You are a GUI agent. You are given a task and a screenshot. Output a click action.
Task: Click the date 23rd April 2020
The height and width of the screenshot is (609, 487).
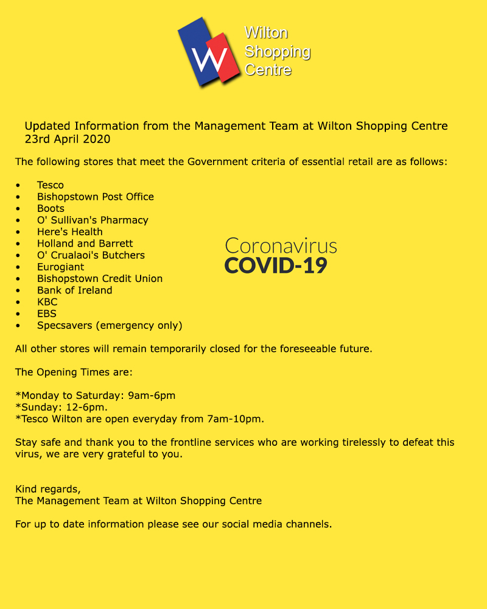(68, 139)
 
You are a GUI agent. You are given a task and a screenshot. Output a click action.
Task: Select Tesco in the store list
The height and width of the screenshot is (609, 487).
(51, 185)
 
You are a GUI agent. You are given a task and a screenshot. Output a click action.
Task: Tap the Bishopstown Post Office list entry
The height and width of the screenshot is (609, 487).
(96, 197)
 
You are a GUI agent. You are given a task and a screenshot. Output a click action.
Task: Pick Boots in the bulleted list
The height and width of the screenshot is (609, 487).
(51, 208)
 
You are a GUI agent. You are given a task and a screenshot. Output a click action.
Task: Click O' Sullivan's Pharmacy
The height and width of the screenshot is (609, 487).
(93, 220)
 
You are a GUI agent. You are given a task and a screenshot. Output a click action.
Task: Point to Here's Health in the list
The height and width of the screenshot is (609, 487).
(70, 231)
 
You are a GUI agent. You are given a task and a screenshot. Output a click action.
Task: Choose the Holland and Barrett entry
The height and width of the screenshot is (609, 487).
(85, 244)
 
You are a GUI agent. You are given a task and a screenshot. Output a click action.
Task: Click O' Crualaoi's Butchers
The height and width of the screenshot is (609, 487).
(91, 255)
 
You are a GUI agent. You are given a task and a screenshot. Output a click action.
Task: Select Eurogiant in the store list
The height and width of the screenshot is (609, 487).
(61, 267)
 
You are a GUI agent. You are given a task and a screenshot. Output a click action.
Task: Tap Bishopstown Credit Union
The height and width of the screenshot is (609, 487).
(100, 278)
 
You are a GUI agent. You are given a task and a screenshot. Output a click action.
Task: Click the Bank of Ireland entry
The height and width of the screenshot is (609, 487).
(75, 290)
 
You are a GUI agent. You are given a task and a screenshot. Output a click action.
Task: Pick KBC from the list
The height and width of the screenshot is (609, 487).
(47, 302)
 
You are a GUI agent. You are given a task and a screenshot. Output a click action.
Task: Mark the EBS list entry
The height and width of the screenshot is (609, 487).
(47, 314)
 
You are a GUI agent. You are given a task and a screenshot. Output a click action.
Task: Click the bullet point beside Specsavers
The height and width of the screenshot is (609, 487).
(19, 326)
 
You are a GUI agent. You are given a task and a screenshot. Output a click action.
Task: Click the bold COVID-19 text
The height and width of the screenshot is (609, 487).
(276, 266)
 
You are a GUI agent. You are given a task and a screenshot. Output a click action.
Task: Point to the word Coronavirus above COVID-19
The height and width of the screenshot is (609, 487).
(281, 245)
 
